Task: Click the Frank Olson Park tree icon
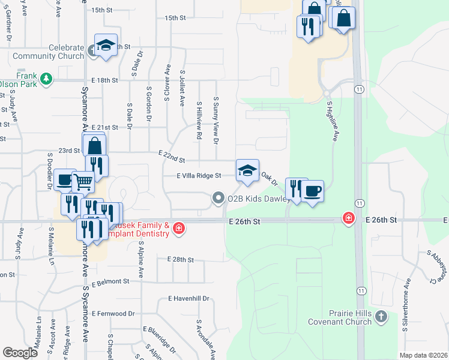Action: [45, 79]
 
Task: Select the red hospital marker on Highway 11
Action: [348, 218]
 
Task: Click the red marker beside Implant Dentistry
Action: [178, 228]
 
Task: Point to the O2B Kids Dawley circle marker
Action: [218, 197]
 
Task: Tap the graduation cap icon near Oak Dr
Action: [247, 171]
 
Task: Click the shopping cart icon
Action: [83, 181]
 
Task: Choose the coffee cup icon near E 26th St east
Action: [312, 192]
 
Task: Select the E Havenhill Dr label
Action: [188, 298]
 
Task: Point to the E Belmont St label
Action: [110, 281]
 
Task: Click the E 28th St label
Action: [181, 260]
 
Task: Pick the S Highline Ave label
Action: [331, 121]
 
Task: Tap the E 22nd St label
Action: [172, 157]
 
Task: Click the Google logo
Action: [20, 352]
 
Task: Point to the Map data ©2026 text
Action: [422, 355]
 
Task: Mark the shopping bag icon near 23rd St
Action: [95, 146]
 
